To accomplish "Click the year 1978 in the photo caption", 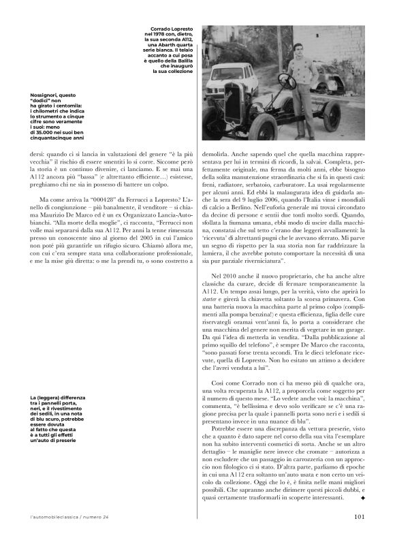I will point(161,35).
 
